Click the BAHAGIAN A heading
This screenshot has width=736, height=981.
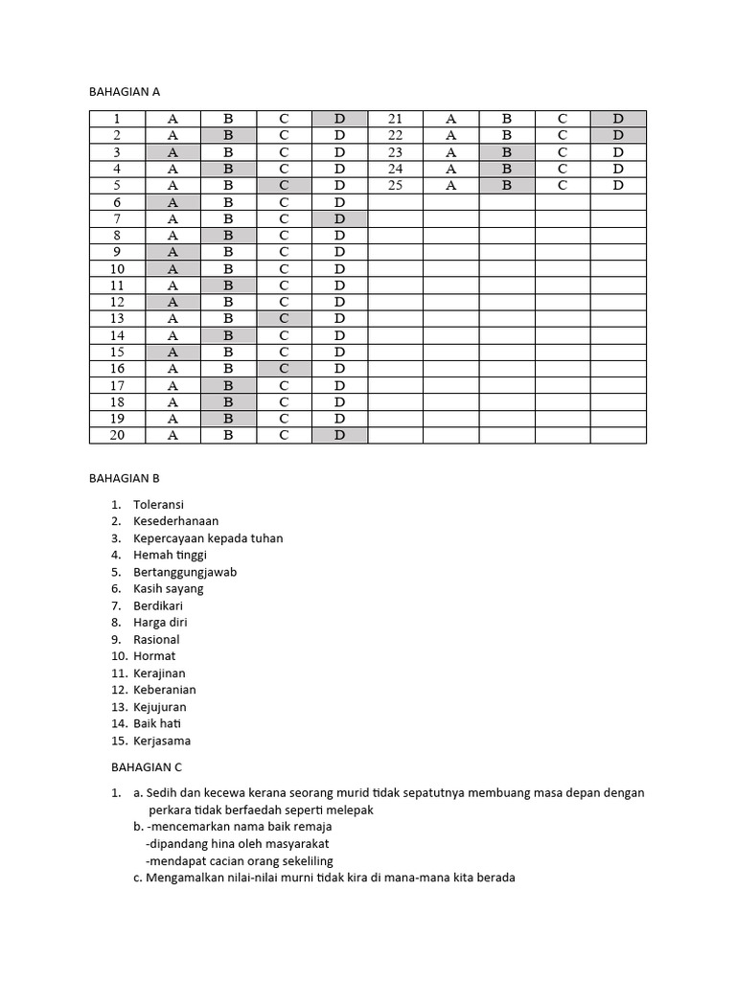(x=124, y=92)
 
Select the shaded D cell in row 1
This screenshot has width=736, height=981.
(x=340, y=119)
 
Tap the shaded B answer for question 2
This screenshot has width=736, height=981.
(x=228, y=135)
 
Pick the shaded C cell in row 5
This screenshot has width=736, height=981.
(x=284, y=185)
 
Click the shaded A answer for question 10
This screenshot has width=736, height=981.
(x=172, y=268)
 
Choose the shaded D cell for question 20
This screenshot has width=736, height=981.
(x=340, y=435)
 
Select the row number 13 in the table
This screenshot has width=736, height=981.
(x=117, y=318)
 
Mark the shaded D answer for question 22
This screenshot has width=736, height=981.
(x=618, y=135)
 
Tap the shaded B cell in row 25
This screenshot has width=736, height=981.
(x=507, y=185)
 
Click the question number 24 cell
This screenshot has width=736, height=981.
(x=396, y=169)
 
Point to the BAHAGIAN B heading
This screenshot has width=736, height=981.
(x=124, y=477)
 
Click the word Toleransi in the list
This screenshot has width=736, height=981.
(x=159, y=505)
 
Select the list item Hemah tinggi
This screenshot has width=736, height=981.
(x=171, y=555)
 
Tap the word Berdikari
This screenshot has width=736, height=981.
(x=158, y=605)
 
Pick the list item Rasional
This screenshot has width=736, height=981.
(x=156, y=639)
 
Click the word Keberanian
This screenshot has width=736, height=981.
(x=165, y=690)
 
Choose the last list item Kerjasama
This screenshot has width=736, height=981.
(x=162, y=741)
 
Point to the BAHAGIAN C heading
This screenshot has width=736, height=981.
(x=146, y=767)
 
